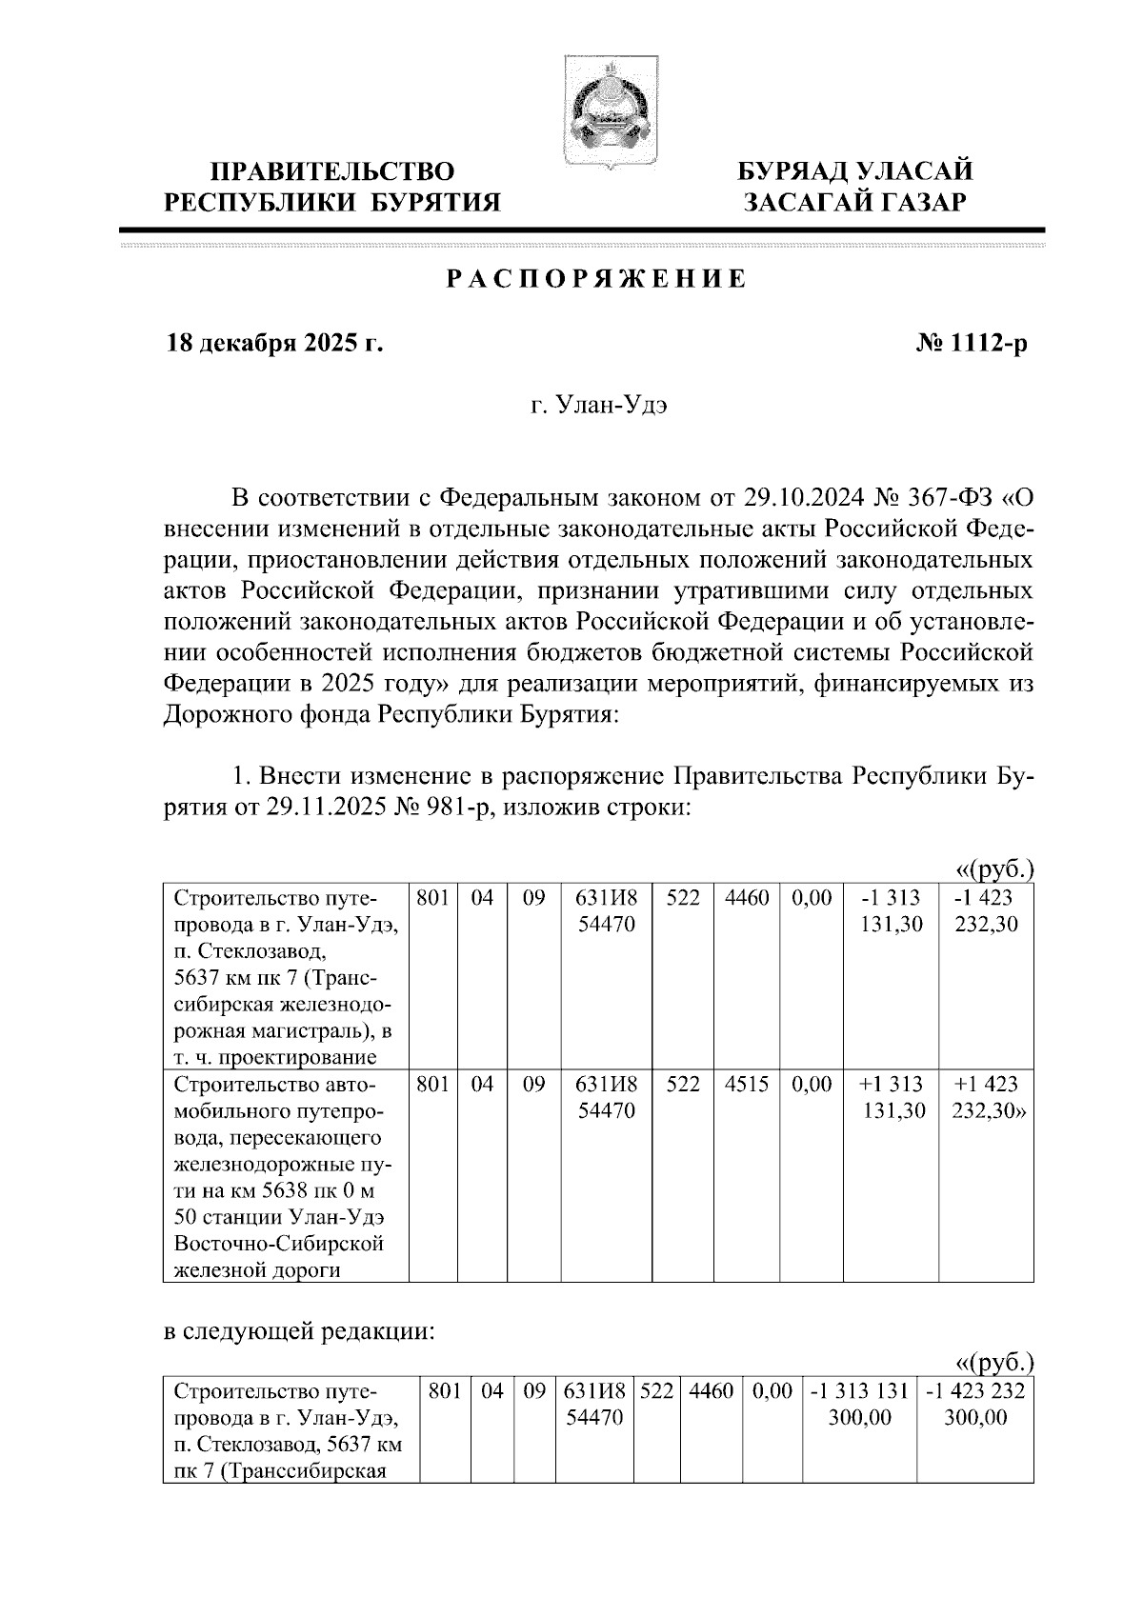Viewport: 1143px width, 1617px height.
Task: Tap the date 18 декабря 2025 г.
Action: (275, 344)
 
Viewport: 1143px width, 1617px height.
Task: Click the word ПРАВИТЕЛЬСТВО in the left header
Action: (332, 172)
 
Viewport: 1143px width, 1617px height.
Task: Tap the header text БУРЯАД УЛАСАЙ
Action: (857, 172)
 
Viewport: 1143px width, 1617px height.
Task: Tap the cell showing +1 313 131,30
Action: (892, 1097)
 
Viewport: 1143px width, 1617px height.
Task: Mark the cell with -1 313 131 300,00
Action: (859, 1404)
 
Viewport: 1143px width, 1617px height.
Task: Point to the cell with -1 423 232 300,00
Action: (974, 1404)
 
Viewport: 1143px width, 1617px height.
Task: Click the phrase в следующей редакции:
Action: (300, 1331)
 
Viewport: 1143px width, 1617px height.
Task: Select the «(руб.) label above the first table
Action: (994, 870)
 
